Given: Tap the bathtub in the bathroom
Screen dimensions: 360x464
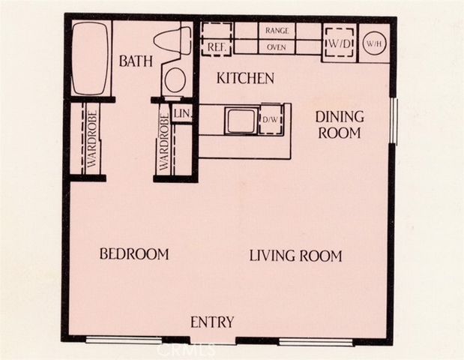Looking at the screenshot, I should [91, 58].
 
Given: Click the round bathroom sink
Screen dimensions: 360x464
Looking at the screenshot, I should [175, 79].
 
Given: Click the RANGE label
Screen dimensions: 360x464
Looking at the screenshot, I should [277, 31].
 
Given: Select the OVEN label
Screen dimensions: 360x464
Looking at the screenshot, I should [277, 47].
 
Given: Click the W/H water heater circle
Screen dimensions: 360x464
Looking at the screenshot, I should [374, 43].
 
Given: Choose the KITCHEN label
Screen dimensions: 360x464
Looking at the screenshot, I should [244, 78].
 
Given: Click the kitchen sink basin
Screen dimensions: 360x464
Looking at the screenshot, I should [241, 121].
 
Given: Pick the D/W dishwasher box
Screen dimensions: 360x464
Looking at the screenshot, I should [271, 121].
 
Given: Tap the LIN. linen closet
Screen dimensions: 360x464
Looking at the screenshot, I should [181, 113].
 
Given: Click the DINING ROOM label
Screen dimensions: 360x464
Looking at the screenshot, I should [339, 125].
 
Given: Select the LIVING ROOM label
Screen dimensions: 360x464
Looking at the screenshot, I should [295, 256].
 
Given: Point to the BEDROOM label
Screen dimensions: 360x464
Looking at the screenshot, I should [134, 254].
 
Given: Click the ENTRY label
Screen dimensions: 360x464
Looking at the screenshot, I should [212, 322].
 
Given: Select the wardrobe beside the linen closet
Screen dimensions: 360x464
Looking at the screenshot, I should [163, 143].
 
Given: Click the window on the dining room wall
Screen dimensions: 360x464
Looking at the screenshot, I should [393, 120].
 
